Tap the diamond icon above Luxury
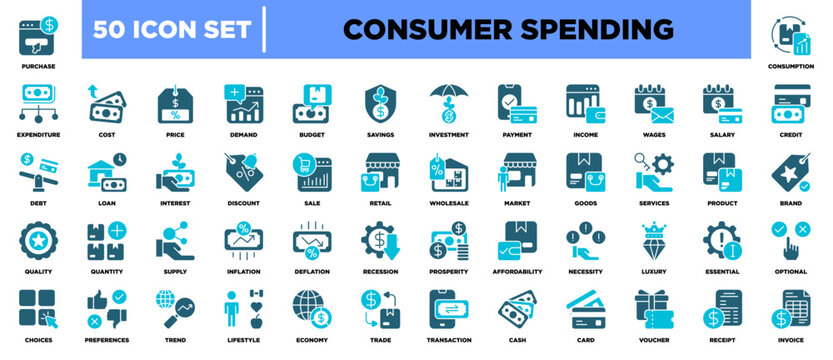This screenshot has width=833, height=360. click(654, 241)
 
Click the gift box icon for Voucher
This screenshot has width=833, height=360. click(654, 311)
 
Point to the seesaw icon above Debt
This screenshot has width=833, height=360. click(37, 172)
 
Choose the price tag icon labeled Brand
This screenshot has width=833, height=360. click(791, 172)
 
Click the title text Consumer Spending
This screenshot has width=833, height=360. click(508, 29)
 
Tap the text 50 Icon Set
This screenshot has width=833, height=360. click(170, 29)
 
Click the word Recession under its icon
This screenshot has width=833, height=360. click(379, 271)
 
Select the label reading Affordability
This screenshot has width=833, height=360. click(517, 271)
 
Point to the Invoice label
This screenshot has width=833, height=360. click(791, 341)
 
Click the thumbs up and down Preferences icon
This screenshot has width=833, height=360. click(105, 311)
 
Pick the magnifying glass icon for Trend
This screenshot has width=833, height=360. click(174, 311)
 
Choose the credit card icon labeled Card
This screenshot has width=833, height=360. click(585, 311)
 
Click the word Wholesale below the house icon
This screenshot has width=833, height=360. click(448, 202)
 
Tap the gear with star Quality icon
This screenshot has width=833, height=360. click(37, 241)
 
